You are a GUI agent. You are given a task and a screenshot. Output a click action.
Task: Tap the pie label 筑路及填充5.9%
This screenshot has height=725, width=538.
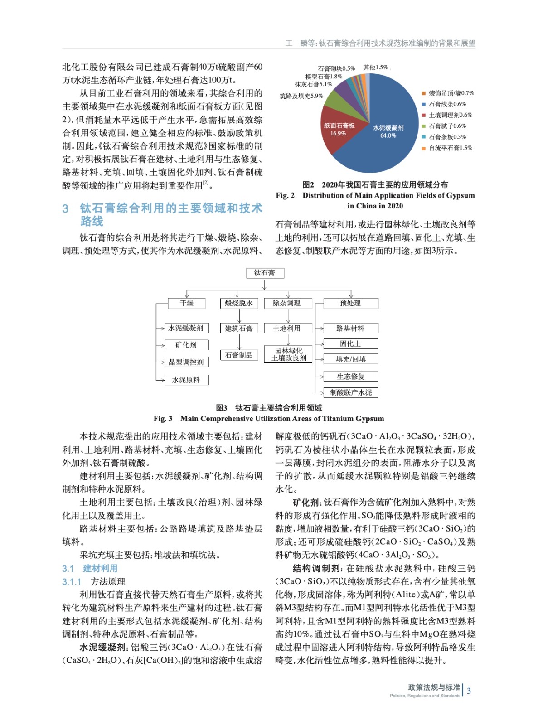pyautogui.click(x=301, y=96)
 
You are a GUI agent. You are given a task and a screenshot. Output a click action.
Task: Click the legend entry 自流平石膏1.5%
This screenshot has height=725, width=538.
pyautogui.click(x=450, y=148)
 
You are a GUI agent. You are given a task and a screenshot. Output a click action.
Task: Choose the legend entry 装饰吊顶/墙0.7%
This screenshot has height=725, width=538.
pyautogui.click(x=451, y=93)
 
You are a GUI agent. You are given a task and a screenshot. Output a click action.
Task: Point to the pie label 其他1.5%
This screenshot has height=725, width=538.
pyautogui.click(x=376, y=68)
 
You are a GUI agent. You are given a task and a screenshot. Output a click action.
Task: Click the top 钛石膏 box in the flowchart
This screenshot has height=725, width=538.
pyautogui.click(x=265, y=273)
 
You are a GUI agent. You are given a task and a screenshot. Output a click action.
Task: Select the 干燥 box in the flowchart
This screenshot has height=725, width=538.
pyautogui.click(x=187, y=303)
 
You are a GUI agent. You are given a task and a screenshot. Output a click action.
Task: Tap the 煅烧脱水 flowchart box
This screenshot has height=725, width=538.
pyautogui.click(x=239, y=303)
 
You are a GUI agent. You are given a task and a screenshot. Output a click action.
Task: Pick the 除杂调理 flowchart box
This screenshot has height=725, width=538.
pyautogui.click(x=286, y=303)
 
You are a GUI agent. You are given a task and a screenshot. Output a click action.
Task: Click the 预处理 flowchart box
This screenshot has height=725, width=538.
pyautogui.click(x=350, y=303)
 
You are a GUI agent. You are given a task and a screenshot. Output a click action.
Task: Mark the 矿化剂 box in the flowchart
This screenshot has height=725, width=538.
pyautogui.click(x=186, y=345)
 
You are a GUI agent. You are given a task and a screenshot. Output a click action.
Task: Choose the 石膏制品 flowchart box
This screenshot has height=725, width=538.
pyautogui.click(x=239, y=355)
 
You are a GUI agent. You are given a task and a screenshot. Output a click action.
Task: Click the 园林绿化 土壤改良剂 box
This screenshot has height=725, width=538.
pyautogui.click(x=289, y=354)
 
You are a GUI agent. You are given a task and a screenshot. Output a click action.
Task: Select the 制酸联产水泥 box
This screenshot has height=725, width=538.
pyautogui.click(x=351, y=392)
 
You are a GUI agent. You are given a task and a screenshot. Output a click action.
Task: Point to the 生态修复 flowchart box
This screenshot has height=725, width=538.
pyautogui.click(x=351, y=377)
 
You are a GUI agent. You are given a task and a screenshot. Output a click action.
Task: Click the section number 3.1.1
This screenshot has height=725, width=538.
pyautogui.click(x=72, y=582)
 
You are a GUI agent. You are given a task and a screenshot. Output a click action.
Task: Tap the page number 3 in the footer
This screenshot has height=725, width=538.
pyautogui.click(x=469, y=691)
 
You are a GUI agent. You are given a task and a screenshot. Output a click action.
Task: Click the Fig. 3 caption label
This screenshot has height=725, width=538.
pyautogui.click(x=163, y=419)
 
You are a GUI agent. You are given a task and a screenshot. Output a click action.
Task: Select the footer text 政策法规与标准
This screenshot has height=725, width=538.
pyautogui.click(x=434, y=687)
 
